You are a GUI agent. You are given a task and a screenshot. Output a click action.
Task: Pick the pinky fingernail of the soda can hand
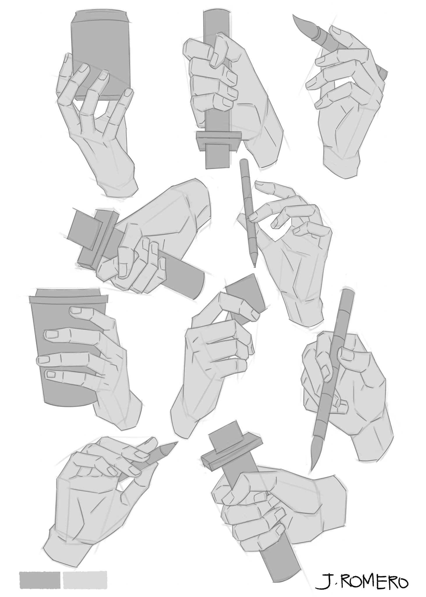click(128, 93)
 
